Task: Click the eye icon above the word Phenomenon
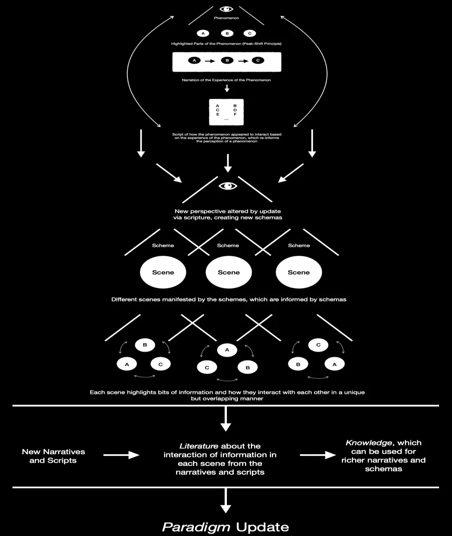[x=226, y=9]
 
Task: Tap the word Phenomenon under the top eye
[x=226, y=18]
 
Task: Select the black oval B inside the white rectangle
[x=227, y=61]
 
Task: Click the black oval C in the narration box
[x=258, y=61]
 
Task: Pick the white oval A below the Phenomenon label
[x=203, y=33]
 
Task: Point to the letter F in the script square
[x=235, y=114]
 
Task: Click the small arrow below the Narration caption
[x=227, y=88]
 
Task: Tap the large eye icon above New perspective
[x=228, y=186]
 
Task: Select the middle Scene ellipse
[x=229, y=272]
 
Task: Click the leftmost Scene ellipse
[x=163, y=272]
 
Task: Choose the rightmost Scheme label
[x=299, y=245]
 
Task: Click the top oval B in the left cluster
[x=145, y=345]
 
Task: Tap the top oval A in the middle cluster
[x=227, y=350]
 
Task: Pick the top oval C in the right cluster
[x=318, y=345]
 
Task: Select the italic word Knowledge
[x=369, y=443]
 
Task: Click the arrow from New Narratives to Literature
[x=121, y=455]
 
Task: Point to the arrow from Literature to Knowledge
[x=318, y=455]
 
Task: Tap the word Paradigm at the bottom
[x=196, y=527]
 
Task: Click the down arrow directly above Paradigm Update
[x=226, y=501]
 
